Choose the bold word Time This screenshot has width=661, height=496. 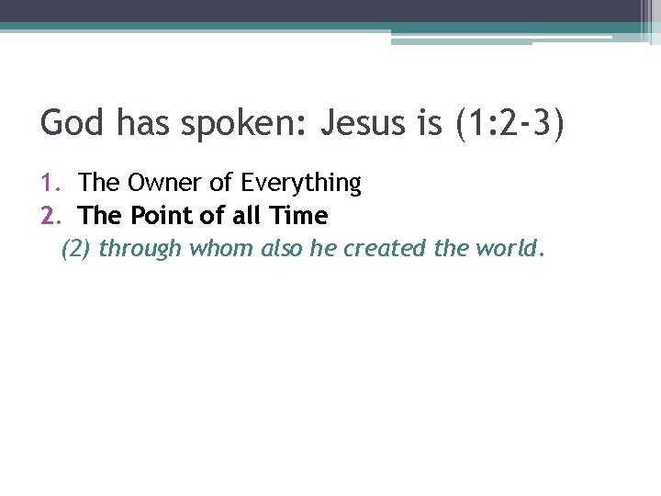298,216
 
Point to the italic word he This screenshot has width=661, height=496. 323,249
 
